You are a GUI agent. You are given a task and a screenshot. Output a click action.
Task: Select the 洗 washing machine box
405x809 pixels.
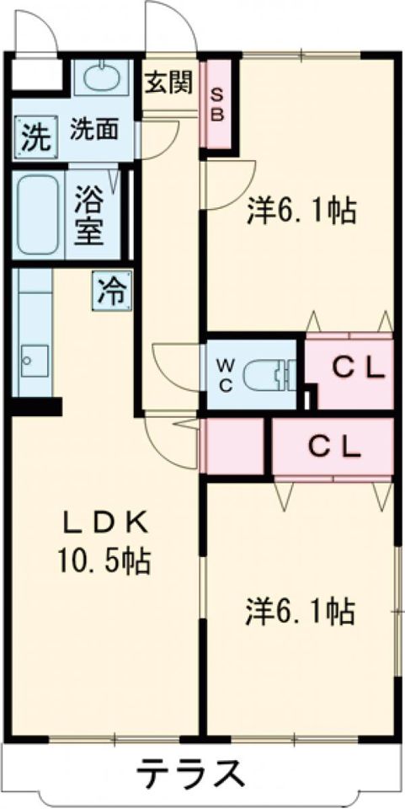point(35,135)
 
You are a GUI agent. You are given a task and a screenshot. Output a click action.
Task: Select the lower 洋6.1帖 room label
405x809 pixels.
point(301,609)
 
